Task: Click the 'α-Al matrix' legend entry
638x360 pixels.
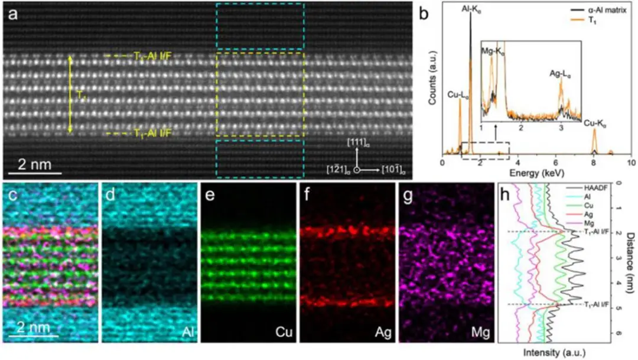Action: coord(607,11)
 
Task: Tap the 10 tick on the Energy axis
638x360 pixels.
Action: coord(631,162)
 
